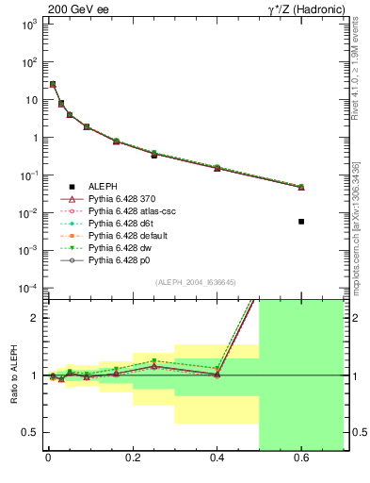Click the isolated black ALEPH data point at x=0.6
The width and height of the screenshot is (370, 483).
(x=301, y=222)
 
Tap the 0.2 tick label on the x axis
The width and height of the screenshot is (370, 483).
(x=132, y=461)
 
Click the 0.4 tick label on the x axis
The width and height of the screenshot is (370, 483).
(x=217, y=461)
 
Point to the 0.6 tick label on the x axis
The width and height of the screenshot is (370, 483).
(x=301, y=461)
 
